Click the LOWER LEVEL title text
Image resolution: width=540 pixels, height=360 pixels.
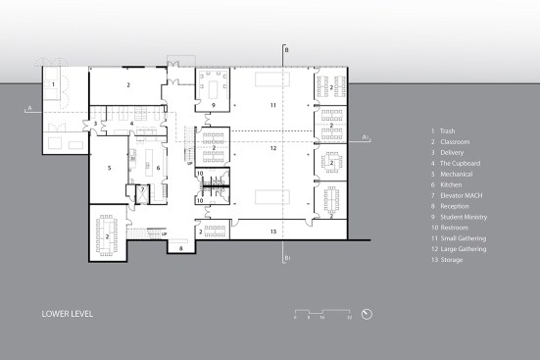(68, 316)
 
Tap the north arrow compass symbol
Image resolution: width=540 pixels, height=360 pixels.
(367, 314)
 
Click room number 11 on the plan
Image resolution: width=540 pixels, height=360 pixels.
(274, 103)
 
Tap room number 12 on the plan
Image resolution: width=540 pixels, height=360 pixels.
(274, 148)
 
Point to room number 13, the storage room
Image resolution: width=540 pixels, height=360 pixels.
(274, 231)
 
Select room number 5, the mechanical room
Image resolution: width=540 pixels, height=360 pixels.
(109, 168)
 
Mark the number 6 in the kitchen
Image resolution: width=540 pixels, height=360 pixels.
(157, 168)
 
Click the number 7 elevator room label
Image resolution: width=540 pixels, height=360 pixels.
(143, 188)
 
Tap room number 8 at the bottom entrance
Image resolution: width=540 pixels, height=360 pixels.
(181, 249)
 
